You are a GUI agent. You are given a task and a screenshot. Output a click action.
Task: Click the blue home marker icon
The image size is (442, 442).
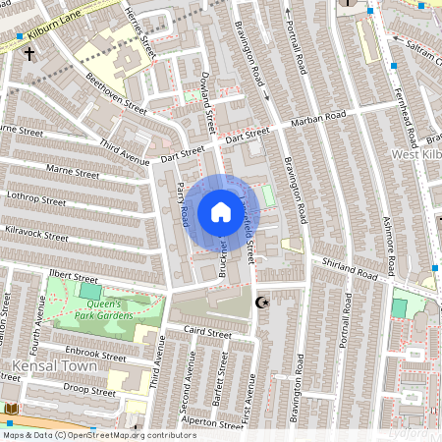(x=220, y=212)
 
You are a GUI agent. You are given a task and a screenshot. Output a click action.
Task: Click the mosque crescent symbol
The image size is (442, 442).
(x=261, y=303)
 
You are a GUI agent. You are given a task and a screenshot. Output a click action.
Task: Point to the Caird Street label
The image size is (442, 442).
(x=208, y=334)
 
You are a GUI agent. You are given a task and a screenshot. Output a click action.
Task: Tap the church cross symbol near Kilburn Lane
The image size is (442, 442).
(x=29, y=54)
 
